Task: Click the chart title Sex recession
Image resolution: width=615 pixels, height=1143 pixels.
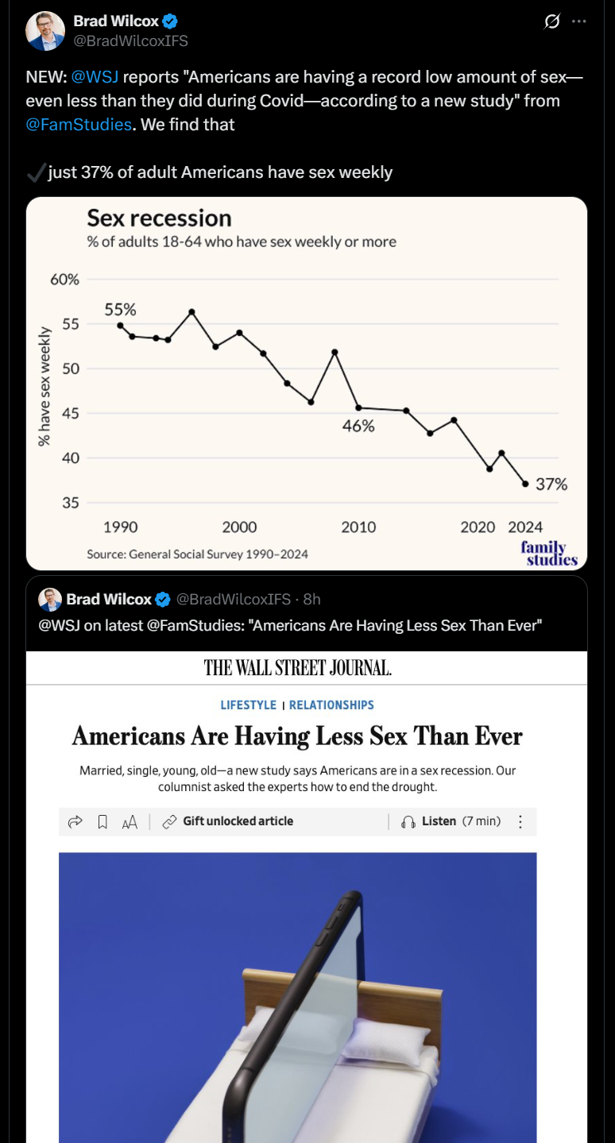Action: pos(159,218)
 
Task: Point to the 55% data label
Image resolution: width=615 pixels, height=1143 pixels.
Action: pos(120,310)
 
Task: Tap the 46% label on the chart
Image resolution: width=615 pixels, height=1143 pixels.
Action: pos(358,426)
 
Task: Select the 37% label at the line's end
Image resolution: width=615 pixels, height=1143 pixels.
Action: pos(551,484)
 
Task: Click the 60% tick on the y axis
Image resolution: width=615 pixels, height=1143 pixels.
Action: pos(65,280)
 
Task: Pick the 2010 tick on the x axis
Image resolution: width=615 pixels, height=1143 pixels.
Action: pos(358,527)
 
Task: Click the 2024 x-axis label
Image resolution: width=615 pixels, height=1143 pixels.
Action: pos(525,527)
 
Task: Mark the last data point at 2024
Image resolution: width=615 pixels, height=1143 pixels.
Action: pos(525,484)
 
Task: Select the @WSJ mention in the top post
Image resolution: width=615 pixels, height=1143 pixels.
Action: pos(95,77)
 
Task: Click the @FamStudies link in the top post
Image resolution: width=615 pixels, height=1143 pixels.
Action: pos(78,125)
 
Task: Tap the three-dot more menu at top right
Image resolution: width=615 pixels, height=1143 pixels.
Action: pos(578,21)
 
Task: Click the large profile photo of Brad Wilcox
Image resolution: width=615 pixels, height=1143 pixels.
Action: pos(45,31)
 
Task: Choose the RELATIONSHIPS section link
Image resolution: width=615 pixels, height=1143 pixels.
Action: pos(331,705)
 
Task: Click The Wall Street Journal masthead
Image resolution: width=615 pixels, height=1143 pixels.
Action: pos(298,668)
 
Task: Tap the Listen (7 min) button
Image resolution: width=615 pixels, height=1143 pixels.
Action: pos(451,821)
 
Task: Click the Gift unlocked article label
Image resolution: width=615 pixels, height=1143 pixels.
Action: pos(238,821)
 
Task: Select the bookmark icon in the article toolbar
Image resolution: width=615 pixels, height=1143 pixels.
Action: pos(102,822)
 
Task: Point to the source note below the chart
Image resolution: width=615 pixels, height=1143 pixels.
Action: pos(197,554)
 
